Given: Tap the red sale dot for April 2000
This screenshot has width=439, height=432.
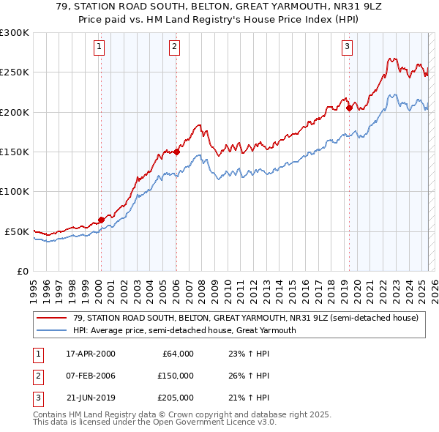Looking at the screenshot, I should (101, 220).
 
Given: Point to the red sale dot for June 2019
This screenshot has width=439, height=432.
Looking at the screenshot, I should (349, 108).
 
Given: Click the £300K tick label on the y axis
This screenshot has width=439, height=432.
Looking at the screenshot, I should (15, 33).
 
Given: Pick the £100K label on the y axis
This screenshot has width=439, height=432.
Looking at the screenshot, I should (15, 191).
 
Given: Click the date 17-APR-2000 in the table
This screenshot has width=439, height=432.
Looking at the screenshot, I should (91, 353).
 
